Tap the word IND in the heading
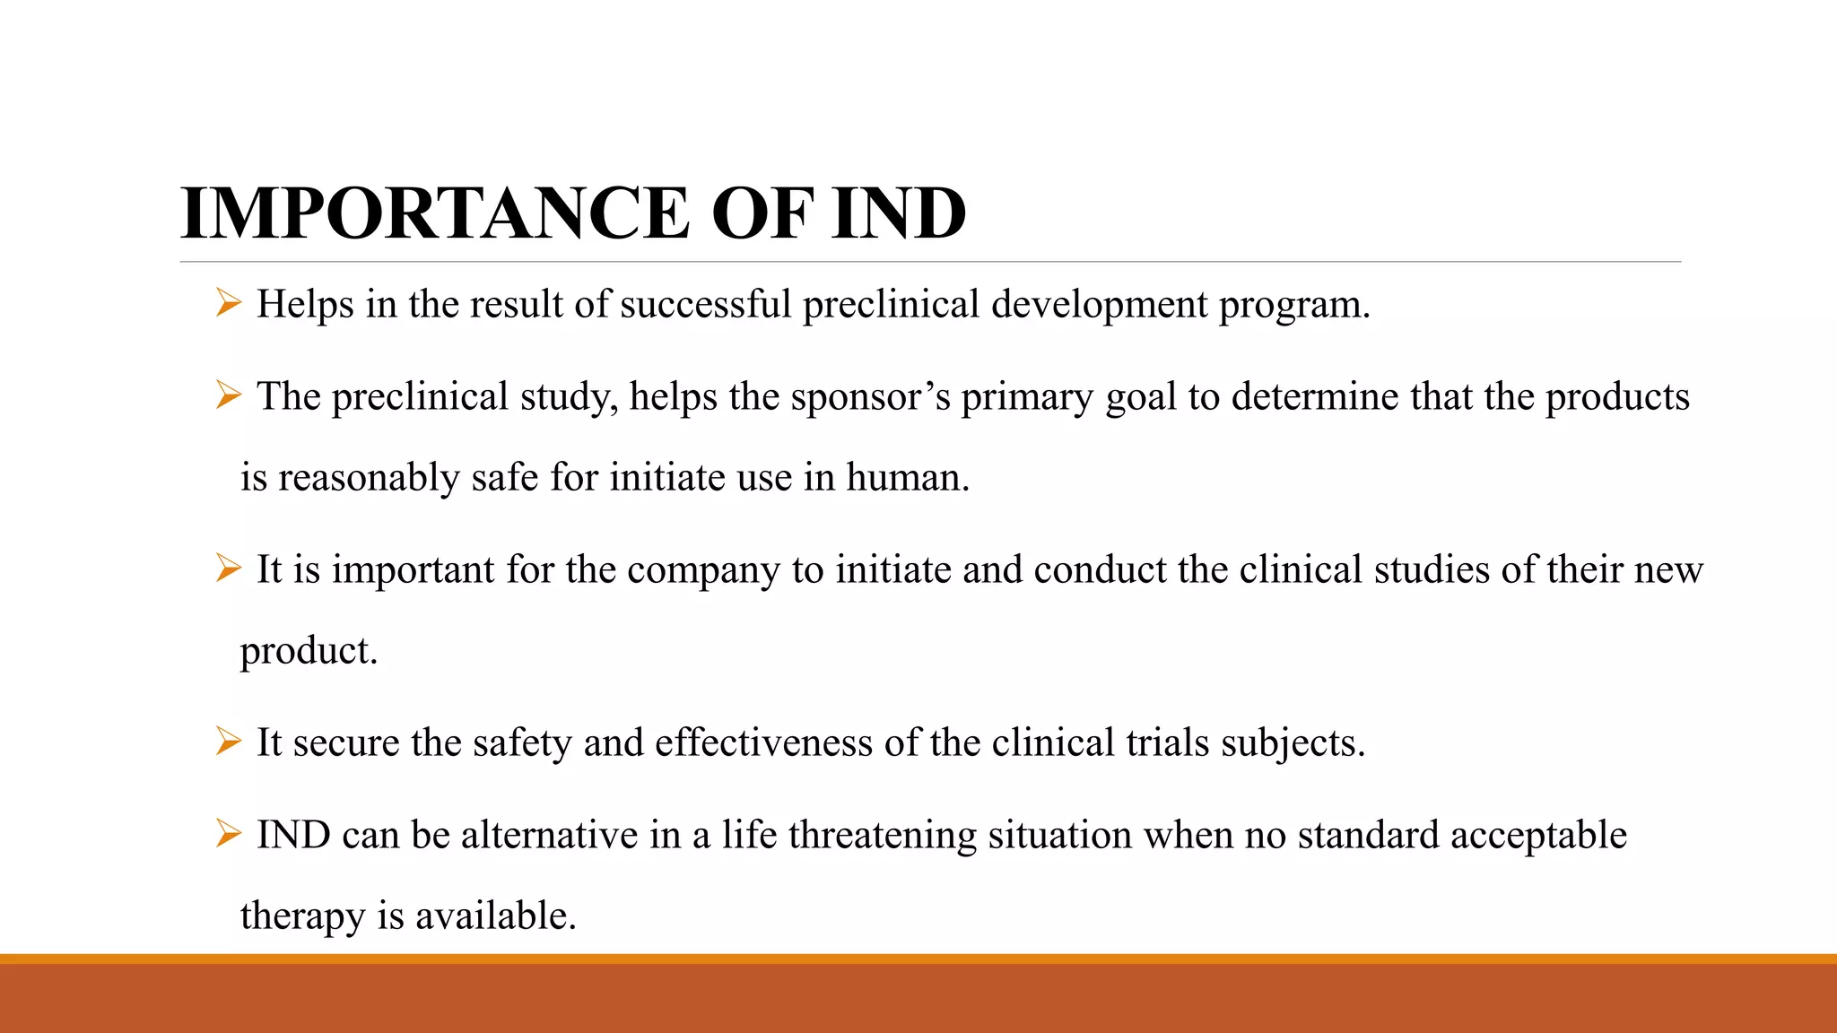coord(898,213)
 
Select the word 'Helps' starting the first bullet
coord(305,304)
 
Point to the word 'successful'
coord(705,304)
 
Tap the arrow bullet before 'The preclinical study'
coord(228,395)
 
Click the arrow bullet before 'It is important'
coord(228,569)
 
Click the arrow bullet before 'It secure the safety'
coord(228,742)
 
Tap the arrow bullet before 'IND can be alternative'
coord(228,834)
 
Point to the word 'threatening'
coord(883,836)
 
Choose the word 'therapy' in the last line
coord(302,916)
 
